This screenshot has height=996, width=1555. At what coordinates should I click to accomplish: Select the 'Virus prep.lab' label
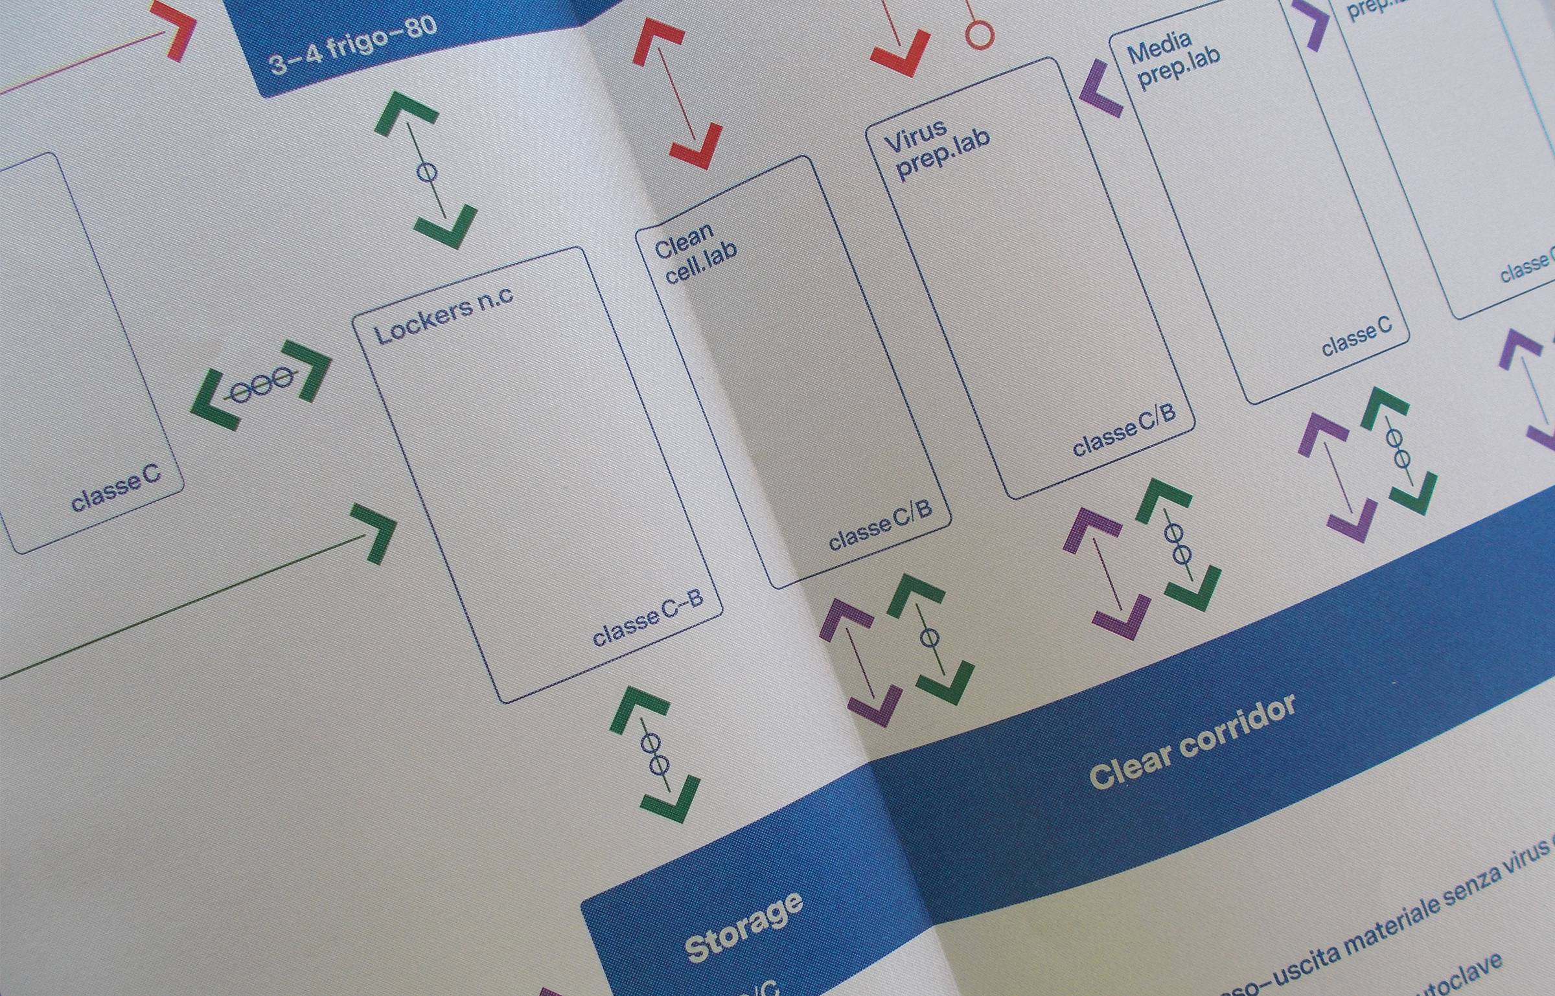click(937, 149)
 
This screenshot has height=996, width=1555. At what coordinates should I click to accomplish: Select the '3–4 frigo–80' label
click(353, 45)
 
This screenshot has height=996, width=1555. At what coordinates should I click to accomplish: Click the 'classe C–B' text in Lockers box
click(648, 617)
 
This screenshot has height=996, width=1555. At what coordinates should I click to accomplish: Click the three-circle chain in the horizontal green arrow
click(262, 385)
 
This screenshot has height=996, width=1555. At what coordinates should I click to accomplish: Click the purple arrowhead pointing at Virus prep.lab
click(1101, 89)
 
